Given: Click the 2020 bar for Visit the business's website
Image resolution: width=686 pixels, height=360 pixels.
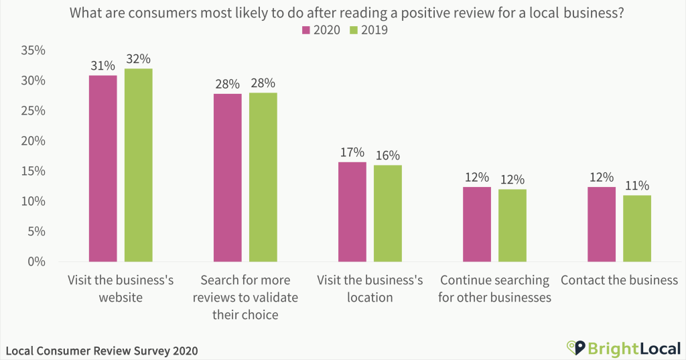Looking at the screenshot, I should pos(102,168).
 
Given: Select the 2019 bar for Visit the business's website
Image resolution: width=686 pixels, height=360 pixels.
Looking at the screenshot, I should pos(138,165).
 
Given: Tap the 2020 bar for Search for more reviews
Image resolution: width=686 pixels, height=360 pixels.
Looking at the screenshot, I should pos(227,178).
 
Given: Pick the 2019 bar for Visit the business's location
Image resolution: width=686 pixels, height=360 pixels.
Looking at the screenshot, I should pos(388,213).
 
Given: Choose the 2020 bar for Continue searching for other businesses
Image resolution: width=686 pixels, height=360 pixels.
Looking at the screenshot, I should pos(477,224).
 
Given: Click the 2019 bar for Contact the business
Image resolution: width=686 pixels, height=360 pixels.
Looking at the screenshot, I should pos(637,228).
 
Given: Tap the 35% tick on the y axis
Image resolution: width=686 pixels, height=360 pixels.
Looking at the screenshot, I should pos(33,50).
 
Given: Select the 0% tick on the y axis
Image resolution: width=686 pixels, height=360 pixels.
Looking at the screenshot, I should pos(36,261).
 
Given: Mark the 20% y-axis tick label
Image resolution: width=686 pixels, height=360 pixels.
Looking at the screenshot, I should pos(33,141).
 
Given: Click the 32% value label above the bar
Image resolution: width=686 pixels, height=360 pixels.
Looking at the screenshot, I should pos(138,59).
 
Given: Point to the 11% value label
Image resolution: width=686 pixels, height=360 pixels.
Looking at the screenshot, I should pos(637,186).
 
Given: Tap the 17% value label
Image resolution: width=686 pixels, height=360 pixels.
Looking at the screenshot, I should pos(352,152).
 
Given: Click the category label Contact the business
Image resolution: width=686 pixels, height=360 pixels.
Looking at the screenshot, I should pos(619,280).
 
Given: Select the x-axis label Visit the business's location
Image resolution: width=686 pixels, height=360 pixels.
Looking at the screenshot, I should pos(369,288).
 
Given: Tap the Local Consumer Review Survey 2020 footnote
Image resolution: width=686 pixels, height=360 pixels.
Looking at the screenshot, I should pos(102,351).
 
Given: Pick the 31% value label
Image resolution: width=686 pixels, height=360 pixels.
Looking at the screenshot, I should pos(102,66).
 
